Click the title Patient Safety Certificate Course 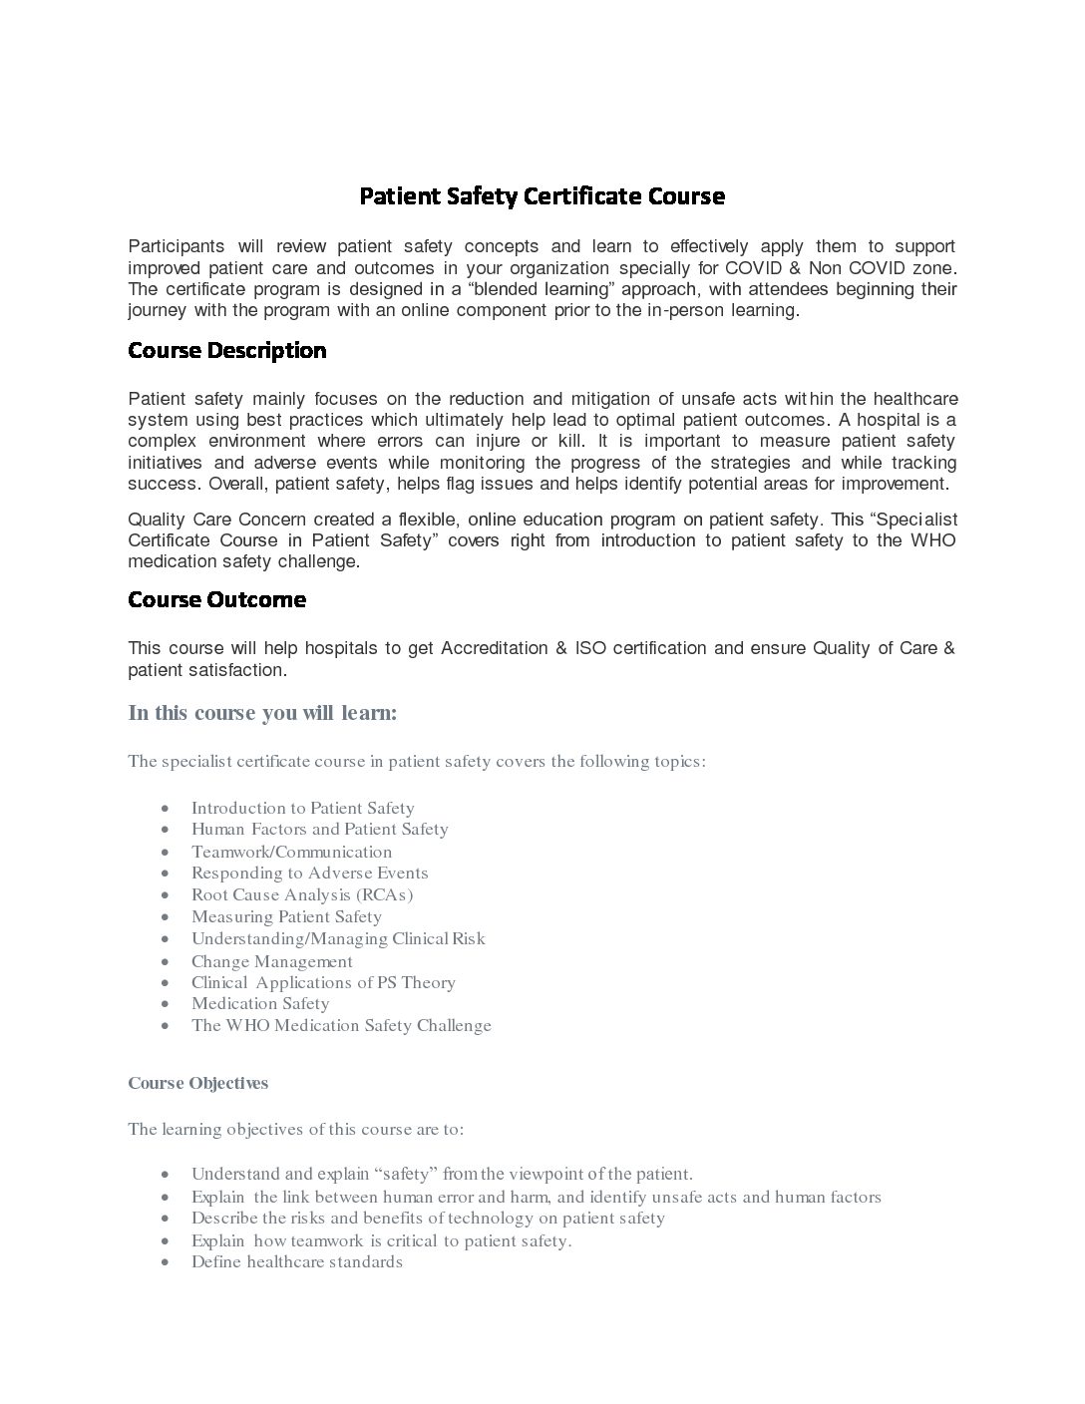point(542,196)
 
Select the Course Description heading point(227,351)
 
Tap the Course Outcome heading point(216,600)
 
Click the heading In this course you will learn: point(262,713)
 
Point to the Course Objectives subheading point(197,1083)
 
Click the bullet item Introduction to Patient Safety point(302,808)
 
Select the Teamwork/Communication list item point(291,852)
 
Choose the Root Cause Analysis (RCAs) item point(302,894)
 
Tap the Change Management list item point(272,961)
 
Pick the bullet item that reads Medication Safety point(260,1004)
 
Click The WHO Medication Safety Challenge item point(341,1026)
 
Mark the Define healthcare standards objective point(297,1262)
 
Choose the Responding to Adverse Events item point(309,874)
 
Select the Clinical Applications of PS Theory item point(323,983)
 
